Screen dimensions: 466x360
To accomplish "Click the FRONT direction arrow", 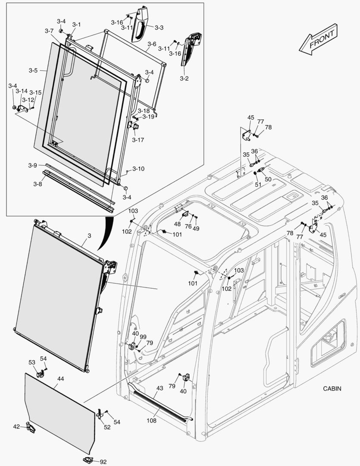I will pos(319,40).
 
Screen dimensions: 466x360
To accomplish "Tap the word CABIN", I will pos(332,388).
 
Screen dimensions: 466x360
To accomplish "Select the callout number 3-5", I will pos(33,70).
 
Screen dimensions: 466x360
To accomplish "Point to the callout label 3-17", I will pos(138,140).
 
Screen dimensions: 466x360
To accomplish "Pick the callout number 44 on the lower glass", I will pos(60,378).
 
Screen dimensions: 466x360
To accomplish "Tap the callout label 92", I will pos(103,462).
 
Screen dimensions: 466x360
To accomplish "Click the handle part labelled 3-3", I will pos(141,25).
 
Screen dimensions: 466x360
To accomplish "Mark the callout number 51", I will pos(258,184).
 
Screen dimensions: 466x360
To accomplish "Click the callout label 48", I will pos(177,224).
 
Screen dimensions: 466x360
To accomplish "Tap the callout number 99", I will pos(143,337).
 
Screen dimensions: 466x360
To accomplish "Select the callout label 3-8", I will pos(38,184).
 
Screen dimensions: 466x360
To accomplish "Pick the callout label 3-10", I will pos(138,169).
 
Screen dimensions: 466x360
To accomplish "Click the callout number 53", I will pos(32,362).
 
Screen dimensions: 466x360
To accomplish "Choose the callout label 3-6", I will pos(152,44).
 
